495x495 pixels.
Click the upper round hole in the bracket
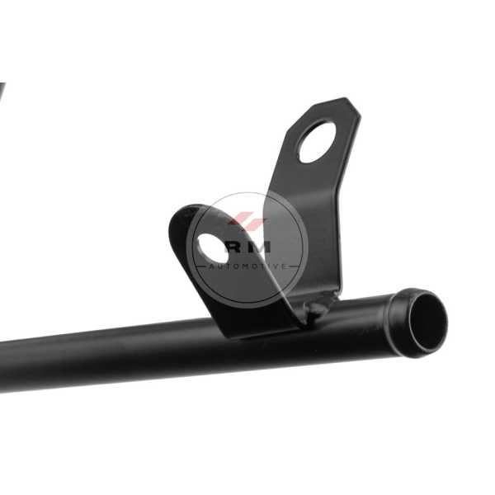(x=318, y=142)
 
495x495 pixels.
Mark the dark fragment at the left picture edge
(x=2, y=92)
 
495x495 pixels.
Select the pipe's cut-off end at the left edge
(x=2, y=366)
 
